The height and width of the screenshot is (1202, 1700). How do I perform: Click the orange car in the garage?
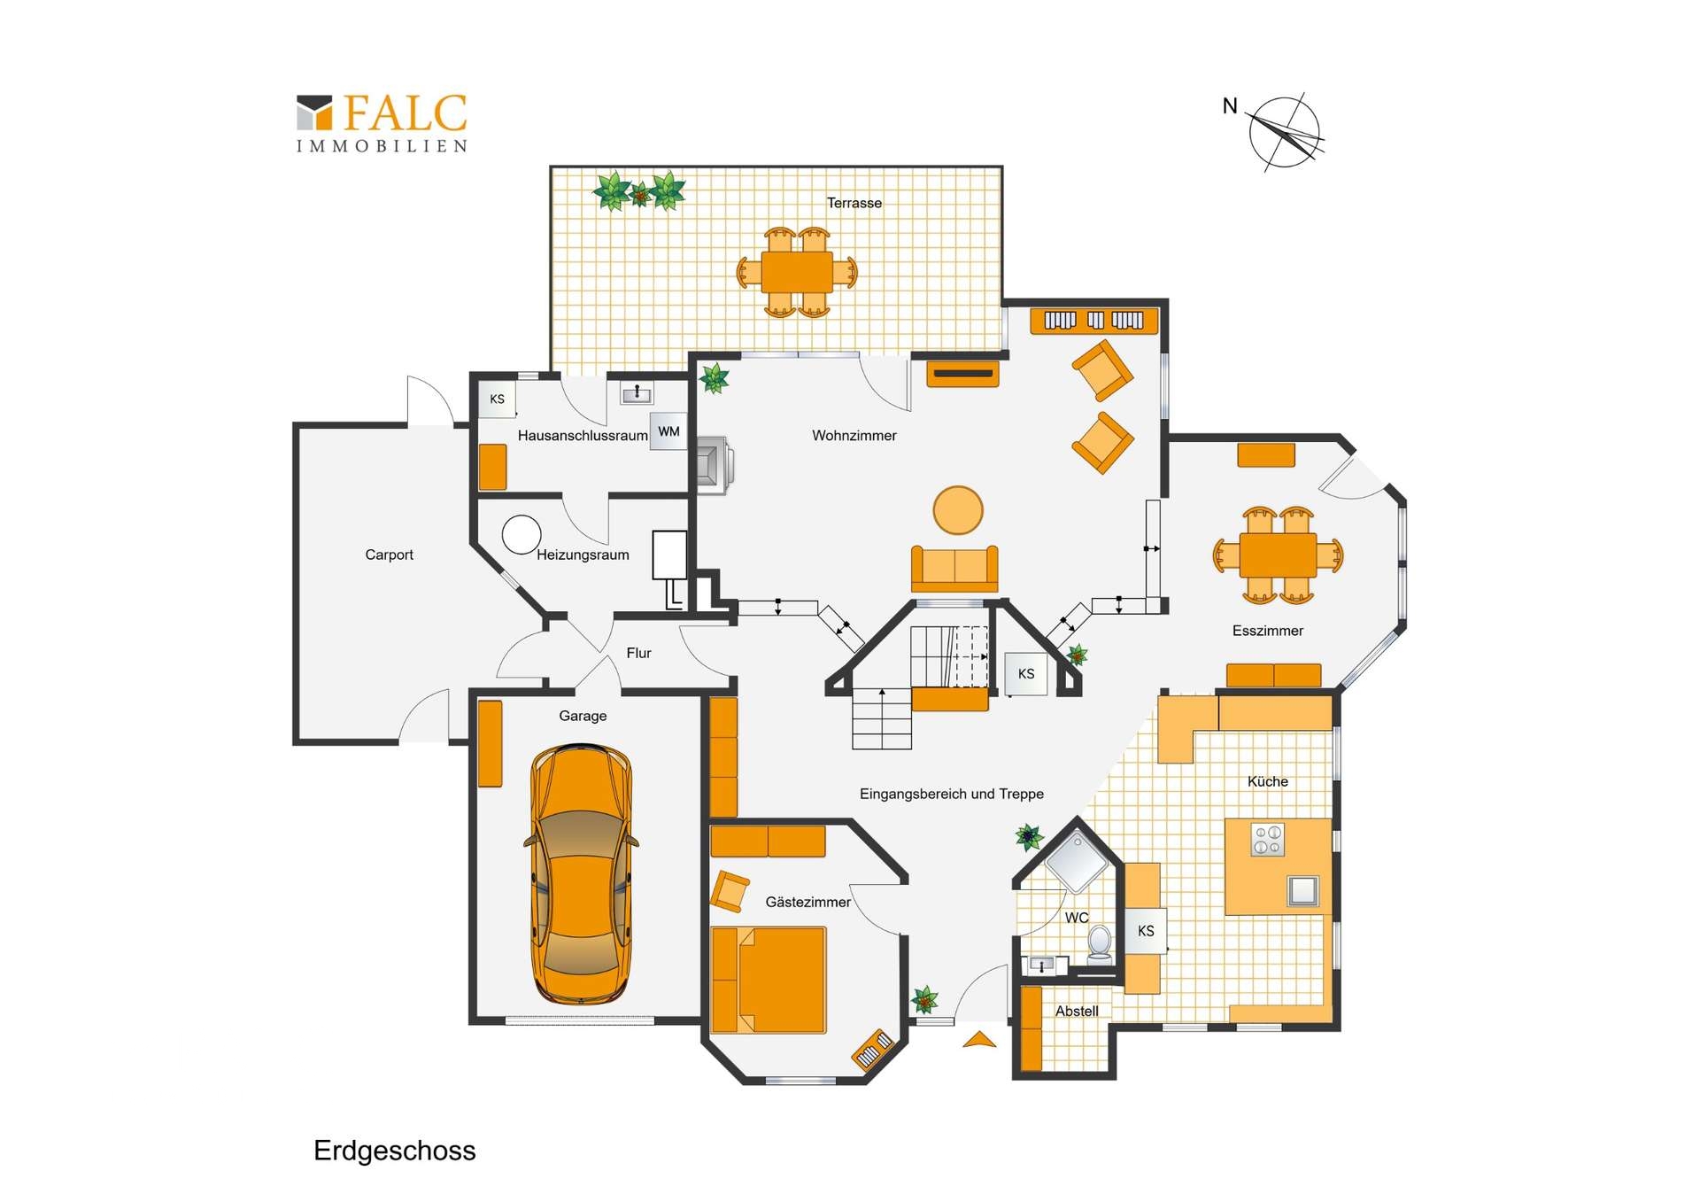pyautogui.click(x=581, y=874)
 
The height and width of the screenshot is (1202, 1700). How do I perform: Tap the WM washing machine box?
pyautogui.click(x=668, y=431)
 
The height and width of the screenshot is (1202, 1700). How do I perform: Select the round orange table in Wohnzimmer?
pyautogui.click(x=957, y=510)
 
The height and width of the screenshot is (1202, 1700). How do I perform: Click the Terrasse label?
pyautogui.click(x=854, y=203)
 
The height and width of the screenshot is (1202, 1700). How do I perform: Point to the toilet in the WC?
pyautogui.click(x=1099, y=942)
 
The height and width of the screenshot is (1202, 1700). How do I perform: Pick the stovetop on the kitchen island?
pyautogui.click(x=1267, y=840)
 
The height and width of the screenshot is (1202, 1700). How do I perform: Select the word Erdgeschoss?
pyautogui.click(x=394, y=1151)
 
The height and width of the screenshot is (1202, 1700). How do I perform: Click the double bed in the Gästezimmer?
pyautogui.click(x=769, y=980)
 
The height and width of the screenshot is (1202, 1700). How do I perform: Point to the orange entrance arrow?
pyautogui.click(x=979, y=1040)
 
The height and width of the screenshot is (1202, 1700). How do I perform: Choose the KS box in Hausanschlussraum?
pyautogui.click(x=497, y=399)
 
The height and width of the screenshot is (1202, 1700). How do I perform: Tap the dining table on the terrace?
pyautogui.click(x=797, y=272)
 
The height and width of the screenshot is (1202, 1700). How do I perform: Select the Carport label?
pyautogui.click(x=389, y=554)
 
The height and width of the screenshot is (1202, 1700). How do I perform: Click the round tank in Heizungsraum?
pyautogui.click(x=522, y=534)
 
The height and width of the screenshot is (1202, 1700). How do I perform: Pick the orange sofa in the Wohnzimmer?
pyautogui.click(x=954, y=569)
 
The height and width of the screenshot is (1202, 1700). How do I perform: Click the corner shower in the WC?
pyautogui.click(x=1077, y=860)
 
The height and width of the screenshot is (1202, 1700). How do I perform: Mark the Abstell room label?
pyautogui.click(x=1077, y=1011)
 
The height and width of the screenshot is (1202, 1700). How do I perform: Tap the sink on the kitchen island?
pyautogui.click(x=1302, y=889)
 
